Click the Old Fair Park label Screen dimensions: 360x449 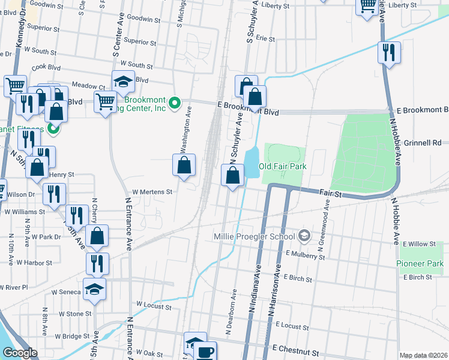(x=282, y=166)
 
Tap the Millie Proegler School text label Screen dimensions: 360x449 (x=256, y=236)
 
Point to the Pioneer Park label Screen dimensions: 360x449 (x=420, y=264)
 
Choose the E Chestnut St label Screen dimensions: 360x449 (x=298, y=348)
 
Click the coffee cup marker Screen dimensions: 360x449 (x=205, y=352)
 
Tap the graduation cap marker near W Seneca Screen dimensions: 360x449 (x=94, y=289)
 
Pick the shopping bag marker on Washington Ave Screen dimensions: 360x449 (x=184, y=165)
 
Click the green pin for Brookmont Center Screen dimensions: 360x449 (x=175, y=103)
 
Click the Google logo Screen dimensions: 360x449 (x=20, y=353)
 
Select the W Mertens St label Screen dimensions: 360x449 (x=152, y=192)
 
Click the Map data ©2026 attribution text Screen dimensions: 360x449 (x=423, y=355)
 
